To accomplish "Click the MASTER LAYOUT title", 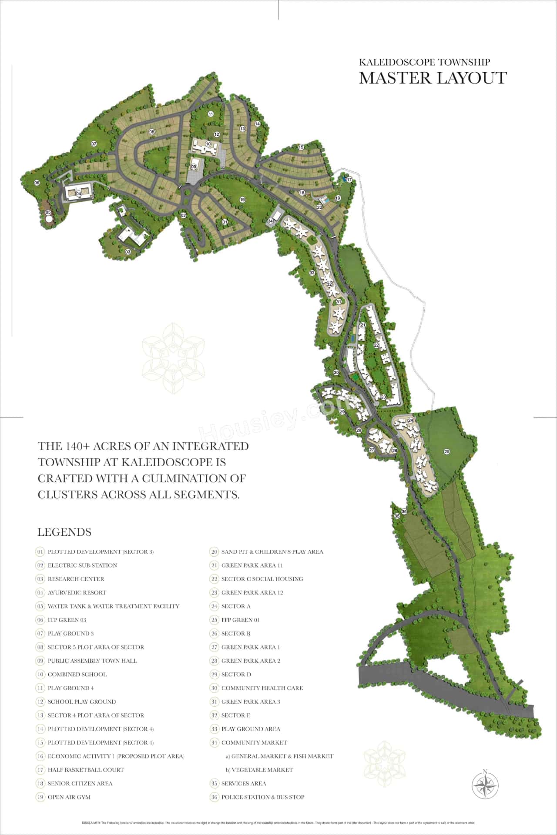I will point(433,78).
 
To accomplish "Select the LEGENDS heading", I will point(64,532).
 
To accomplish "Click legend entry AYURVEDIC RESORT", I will point(77,593).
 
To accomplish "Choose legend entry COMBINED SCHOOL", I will point(77,675).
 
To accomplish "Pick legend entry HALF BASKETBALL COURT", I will point(86,770).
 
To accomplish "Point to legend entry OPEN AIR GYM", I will point(69,797).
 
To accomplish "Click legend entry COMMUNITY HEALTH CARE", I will point(262,688).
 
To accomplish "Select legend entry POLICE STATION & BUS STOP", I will point(263,797).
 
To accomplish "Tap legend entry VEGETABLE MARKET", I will point(262,770).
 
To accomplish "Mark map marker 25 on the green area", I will point(446,451).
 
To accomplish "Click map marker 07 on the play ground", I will point(94,144).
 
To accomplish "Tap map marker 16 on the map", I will point(242,200).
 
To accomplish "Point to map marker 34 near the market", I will point(270,221).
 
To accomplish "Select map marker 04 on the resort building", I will point(79,194).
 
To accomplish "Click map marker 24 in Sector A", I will point(410,420).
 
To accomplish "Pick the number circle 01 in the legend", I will point(40,552).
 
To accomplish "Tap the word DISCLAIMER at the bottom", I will point(91,823).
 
